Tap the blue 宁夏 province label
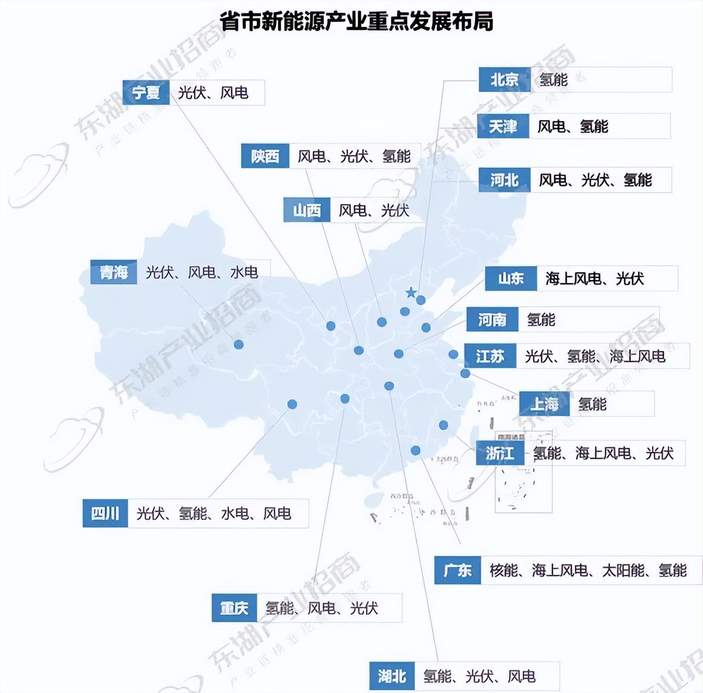[x=146, y=93]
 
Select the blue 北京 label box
[x=504, y=80]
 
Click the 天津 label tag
[x=503, y=126]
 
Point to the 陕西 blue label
[x=265, y=156]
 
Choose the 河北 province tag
[x=504, y=180]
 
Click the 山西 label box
[x=307, y=210]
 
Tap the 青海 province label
[x=114, y=273]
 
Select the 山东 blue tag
[x=511, y=278]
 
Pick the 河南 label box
[x=492, y=319]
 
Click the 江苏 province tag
[x=490, y=356]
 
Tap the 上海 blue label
[x=544, y=404]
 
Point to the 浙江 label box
[x=500, y=453]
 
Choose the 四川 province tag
[x=105, y=513]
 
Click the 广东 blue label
[x=457, y=570]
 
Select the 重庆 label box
[x=234, y=608]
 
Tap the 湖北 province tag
[x=392, y=676]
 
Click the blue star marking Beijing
[x=411, y=292]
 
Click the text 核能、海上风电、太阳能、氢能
[x=588, y=571]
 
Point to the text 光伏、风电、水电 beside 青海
[x=202, y=273]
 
